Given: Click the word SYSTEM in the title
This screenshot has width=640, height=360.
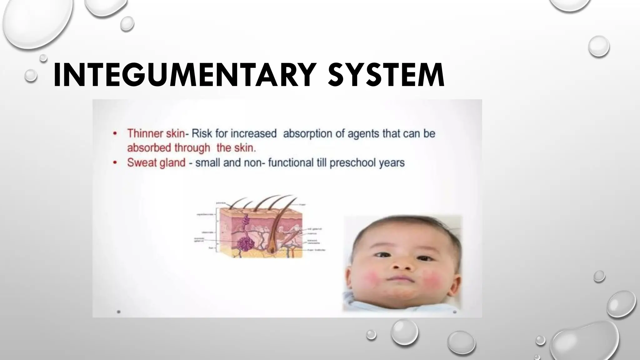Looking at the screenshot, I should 386,75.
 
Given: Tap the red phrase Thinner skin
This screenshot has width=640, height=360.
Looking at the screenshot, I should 156,134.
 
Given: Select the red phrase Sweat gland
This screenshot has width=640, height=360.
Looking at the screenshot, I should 156,163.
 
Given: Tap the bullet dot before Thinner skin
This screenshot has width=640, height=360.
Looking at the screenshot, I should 115,134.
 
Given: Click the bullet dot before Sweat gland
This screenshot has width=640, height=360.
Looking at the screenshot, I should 115,163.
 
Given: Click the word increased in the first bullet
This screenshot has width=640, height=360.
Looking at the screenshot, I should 254,134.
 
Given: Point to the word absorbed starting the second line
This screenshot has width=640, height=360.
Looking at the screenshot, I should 148,147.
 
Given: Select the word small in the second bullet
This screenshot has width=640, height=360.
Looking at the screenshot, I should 207,163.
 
